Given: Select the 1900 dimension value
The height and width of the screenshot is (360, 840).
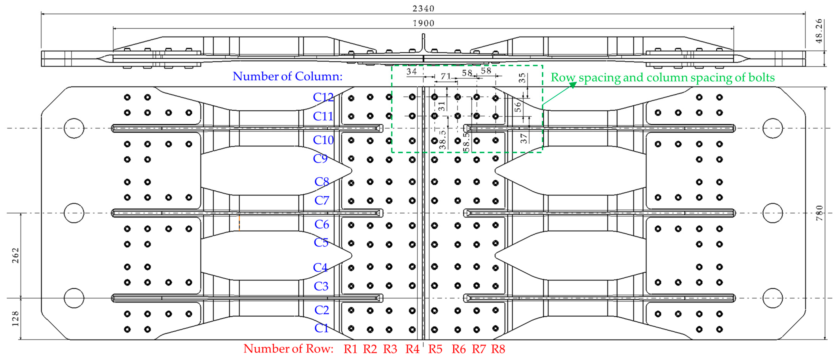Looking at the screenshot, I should click(423, 23).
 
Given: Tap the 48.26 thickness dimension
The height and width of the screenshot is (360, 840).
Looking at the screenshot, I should click(819, 31).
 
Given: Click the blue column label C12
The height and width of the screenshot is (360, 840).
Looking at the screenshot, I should click(323, 97).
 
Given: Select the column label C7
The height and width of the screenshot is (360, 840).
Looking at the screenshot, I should click(322, 200).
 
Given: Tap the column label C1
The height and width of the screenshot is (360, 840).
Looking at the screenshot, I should click(321, 328).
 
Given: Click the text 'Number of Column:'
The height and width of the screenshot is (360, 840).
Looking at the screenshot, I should click(287, 76).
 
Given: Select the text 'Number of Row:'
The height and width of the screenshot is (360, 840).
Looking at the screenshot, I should click(288, 349).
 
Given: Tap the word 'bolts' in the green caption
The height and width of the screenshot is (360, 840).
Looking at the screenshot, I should click(761, 78).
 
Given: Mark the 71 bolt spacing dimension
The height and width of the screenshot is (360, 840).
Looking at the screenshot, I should click(445, 76).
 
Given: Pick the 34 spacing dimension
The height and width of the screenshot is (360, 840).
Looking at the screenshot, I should click(411, 71).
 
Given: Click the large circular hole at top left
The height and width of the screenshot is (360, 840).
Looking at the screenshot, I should click(74, 128).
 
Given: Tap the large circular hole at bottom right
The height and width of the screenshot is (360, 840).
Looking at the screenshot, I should click(772, 298).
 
